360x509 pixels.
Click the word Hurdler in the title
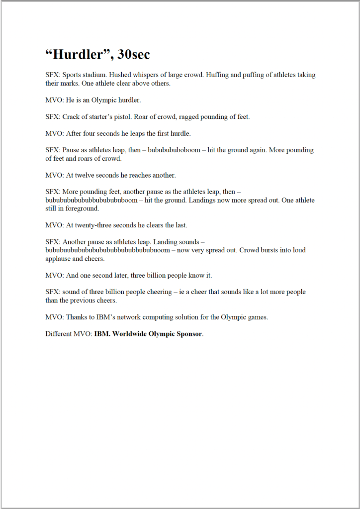[77, 54]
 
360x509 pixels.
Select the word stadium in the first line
[95, 75]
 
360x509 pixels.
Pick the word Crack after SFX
[72, 117]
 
